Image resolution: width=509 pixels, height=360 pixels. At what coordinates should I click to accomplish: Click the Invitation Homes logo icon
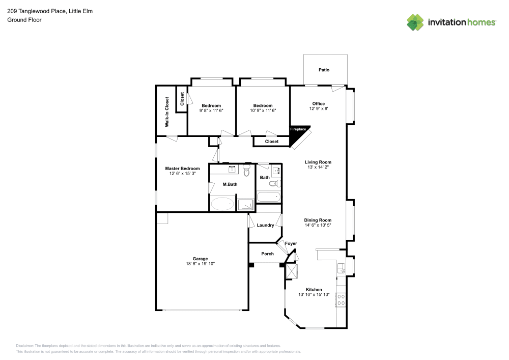pyautogui.click(x=415, y=22)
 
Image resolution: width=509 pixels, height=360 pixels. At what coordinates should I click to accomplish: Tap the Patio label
pyautogui.click(x=324, y=70)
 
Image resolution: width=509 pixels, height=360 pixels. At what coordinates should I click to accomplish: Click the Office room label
pyautogui.click(x=318, y=103)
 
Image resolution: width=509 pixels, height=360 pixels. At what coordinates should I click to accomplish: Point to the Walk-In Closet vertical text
pyautogui.click(x=166, y=112)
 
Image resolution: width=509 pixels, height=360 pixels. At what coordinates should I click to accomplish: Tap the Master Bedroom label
pyautogui.click(x=182, y=169)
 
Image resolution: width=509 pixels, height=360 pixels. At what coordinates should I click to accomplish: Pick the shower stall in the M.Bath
pyautogui.click(x=247, y=204)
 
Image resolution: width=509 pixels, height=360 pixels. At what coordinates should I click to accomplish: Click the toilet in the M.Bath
pyautogui.click(x=247, y=171)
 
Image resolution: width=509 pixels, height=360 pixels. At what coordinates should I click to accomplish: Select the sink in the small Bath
pyautogui.click(x=276, y=171)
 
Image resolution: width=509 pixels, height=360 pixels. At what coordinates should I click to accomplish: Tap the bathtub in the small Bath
pyautogui.click(x=268, y=196)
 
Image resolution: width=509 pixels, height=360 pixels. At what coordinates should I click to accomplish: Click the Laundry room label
pyautogui.click(x=265, y=225)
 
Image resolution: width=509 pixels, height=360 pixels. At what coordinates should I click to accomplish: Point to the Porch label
pyautogui.click(x=267, y=254)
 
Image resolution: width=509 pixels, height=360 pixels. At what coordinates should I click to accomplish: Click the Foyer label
pyautogui.click(x=291, y=243)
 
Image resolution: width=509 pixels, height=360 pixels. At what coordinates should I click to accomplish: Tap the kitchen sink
pyautogui.click(x=342, y=269)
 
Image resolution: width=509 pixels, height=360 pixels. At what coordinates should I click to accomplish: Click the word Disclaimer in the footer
pyautogui.click(x=25, y=345)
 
